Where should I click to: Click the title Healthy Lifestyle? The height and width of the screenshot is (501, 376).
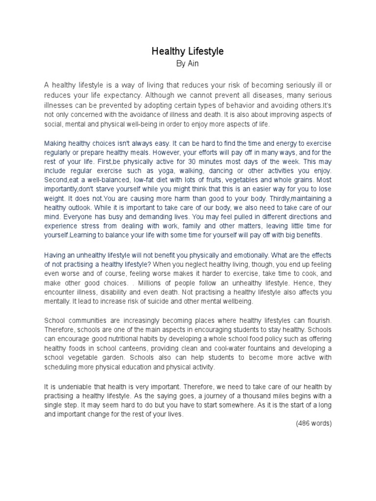[188, 51]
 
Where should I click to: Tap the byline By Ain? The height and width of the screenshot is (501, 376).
[188, 64]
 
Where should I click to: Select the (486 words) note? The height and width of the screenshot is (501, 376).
[314, 424]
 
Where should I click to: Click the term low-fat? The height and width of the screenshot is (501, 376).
[143, 181]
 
